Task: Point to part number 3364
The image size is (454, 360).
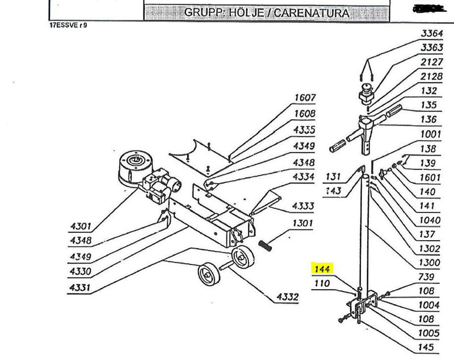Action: coord(432,34)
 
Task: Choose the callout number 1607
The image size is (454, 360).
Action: coord(304,97)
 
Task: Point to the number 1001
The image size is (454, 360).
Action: coord(430,135)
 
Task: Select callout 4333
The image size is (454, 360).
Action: coord(303,205)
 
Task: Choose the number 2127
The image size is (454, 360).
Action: coord(432,61)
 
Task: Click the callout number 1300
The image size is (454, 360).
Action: coord(430,263)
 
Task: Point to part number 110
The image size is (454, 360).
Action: coord(322,282)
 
